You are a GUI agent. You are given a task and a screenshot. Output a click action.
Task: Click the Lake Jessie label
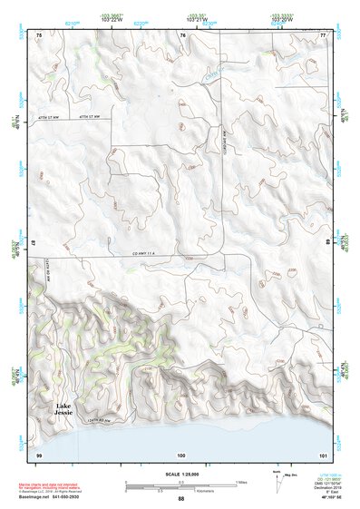pos(63,407)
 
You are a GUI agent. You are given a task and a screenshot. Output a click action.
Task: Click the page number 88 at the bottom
pos(180,498)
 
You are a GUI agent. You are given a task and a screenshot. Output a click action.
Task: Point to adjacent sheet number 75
pos(39,34)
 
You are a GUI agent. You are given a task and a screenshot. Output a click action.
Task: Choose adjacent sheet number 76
pos(181,34)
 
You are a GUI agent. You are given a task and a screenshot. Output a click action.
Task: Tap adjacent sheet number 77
pos(322,34)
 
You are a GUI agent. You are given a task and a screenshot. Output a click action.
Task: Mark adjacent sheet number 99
pos(39,453)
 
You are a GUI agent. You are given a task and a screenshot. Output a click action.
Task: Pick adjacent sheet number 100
pos(181,453)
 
